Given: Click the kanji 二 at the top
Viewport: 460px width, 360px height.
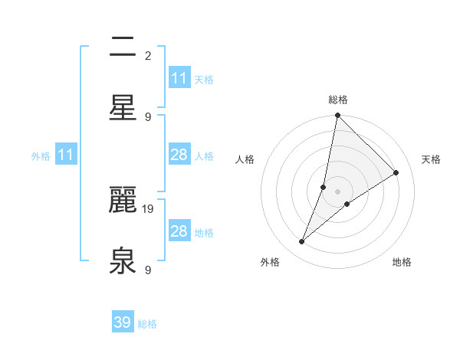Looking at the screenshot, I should [x=123, y=47].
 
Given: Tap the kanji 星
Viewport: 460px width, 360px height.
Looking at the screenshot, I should [x=123, y=107].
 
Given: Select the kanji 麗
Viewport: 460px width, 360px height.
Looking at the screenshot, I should [x=123, y=201].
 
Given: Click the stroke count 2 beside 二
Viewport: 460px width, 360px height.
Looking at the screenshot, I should [x=148, y=55].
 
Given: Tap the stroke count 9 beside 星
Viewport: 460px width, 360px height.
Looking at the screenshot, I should [x=148, y=116].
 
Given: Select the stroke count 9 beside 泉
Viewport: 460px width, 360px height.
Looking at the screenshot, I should [x=148, y=270].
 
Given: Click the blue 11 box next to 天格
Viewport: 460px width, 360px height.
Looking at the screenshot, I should [x=179, y=78].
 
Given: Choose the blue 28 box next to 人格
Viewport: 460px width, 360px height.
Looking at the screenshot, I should [x=179, y=155].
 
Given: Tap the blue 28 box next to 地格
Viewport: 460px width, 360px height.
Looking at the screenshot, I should [x=179, y=231].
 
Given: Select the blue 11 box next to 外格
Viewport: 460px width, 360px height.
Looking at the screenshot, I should [x=65, y=155].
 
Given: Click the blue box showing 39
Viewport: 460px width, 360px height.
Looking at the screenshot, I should [x=122, y=322].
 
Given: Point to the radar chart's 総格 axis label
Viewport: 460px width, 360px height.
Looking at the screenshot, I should [x=338, y=100].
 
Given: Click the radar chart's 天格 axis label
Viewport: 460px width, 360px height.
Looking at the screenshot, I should [x=431, y=159].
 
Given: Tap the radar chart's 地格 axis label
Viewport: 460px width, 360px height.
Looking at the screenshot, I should [x=402, y=262].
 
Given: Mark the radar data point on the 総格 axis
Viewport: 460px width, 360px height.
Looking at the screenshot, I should [x=337, y=116].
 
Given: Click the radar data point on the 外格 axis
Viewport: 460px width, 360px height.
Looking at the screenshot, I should [x=302, y=242].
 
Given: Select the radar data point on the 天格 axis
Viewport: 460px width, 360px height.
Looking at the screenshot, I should [x=396, y=173].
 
